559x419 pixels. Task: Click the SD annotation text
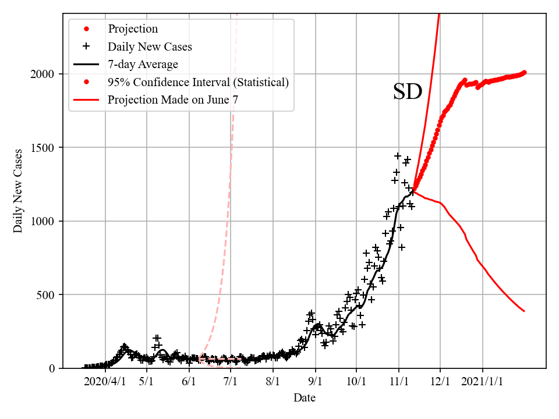(x=407, y=92)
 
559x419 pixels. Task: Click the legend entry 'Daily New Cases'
(x=150, y=47)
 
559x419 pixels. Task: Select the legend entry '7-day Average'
(x=143, y=64)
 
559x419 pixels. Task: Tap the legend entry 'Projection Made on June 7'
(x=173, y=100)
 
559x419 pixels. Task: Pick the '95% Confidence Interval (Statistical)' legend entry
(x=198, y=82)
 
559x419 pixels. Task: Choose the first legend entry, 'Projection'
(x=133, y=29)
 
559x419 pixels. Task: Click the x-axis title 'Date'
(x=305, y=398)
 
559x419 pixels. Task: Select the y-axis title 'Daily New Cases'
(x=18, y=191)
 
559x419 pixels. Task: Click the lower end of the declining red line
(x=524, y=311)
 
